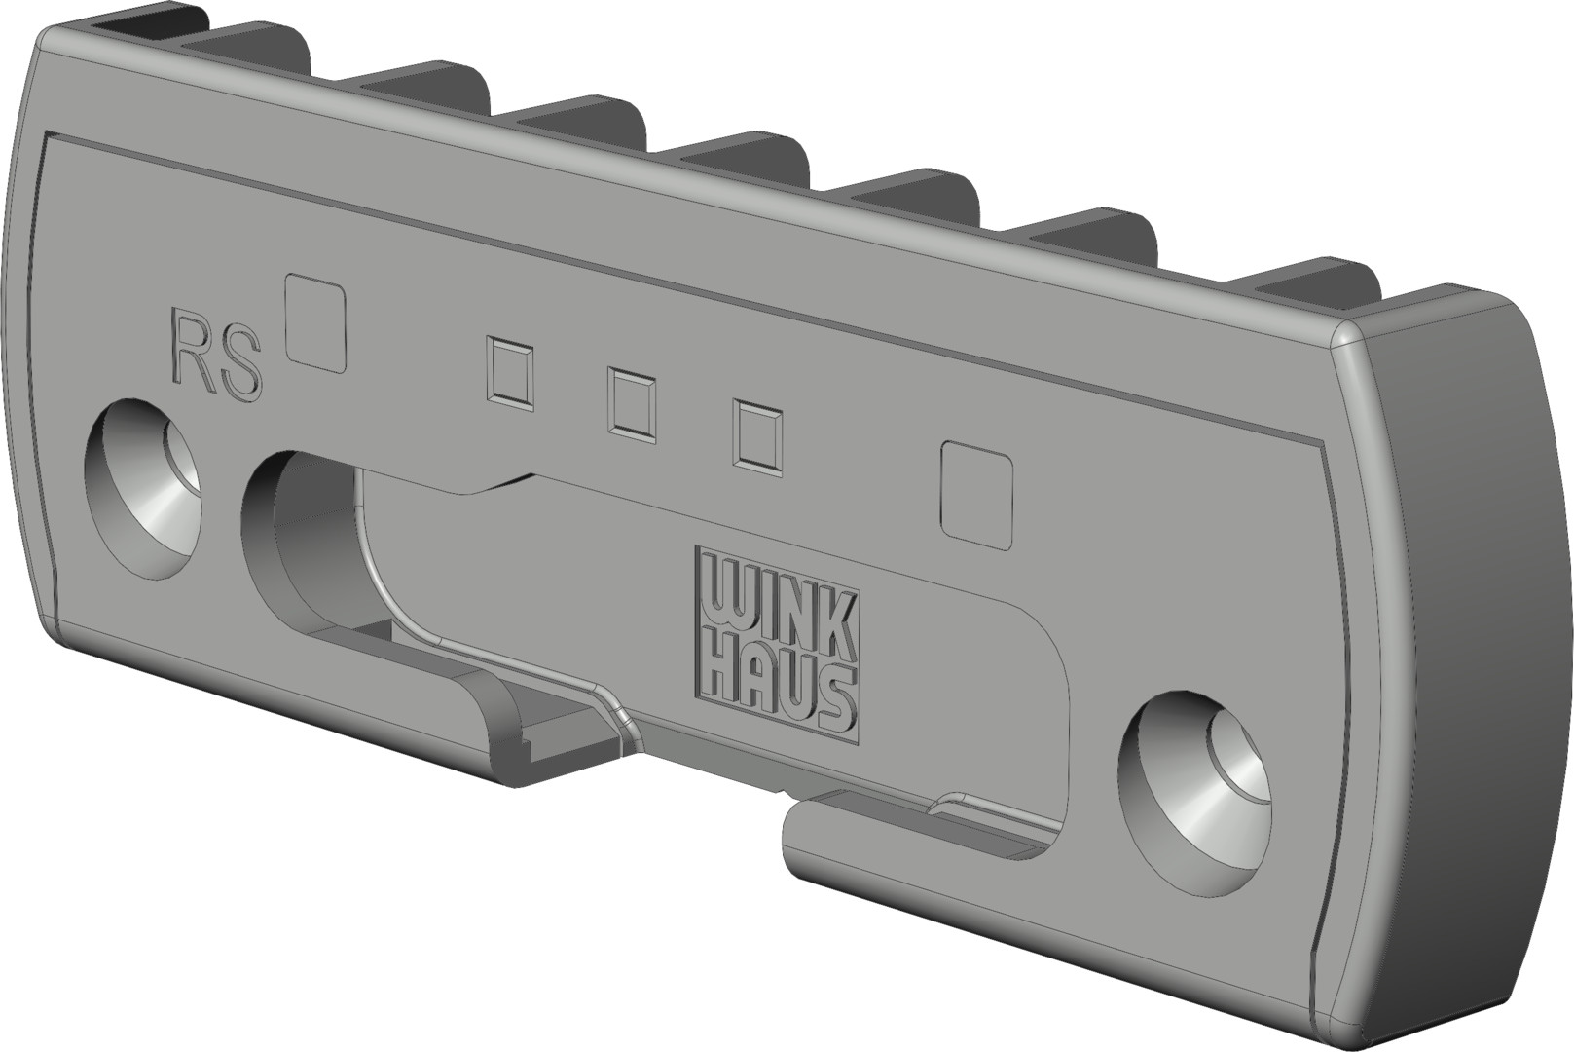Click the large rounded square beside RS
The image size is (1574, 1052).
[314, 323]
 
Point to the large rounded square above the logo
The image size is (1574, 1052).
[976, 494]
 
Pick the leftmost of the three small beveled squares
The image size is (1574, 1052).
[511, 373]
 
